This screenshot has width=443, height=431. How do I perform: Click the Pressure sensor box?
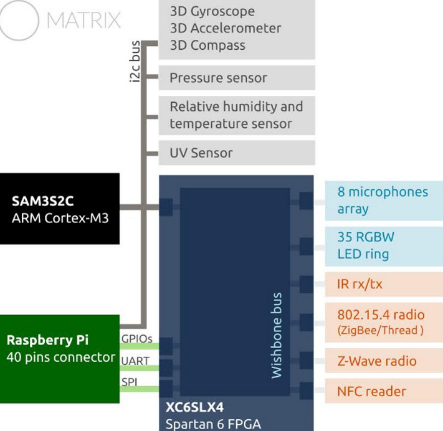tap(237, 78)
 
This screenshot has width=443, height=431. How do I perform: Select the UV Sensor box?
tap(237, 153)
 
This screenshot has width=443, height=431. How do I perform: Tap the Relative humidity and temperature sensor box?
tap(237, 115)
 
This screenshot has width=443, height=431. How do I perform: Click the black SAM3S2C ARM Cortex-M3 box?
tap(59, 209)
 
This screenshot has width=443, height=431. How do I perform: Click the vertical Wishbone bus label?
tap(277, 335)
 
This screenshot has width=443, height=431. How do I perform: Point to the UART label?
tap(135, 361)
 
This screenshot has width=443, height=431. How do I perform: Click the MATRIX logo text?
tap(83, 21)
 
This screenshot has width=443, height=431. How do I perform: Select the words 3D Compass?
tap(207, 45)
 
